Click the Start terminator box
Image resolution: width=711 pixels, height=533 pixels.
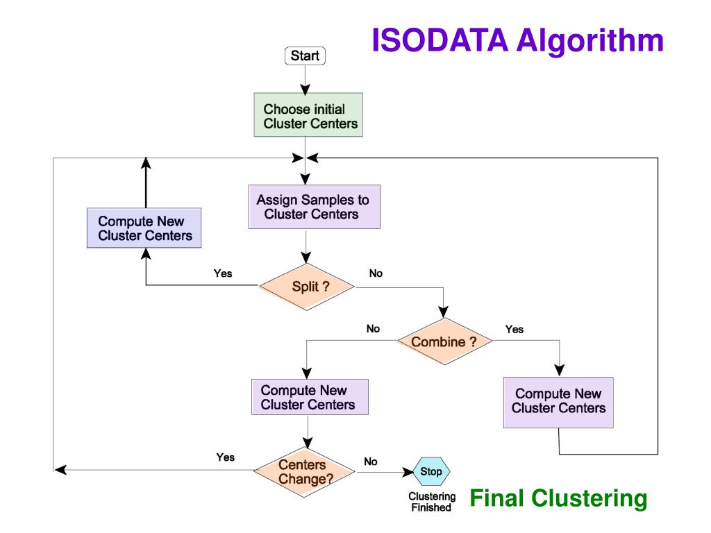pos(305,56)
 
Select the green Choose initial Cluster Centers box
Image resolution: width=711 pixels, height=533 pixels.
pos(308,115)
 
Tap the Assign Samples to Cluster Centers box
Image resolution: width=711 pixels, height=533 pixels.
pos(315,207)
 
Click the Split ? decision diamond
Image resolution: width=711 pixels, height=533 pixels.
pos(307,287)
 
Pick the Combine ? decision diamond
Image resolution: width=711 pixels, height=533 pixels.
pos(445,341)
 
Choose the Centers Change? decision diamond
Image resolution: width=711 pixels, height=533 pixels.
pos(305,472)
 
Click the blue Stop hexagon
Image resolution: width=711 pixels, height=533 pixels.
pos(430,471)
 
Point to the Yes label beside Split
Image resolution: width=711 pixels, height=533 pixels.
pos(223,273)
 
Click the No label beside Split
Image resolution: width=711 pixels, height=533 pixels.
pos(376,273)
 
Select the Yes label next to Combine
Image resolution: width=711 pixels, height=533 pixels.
pos(515,329)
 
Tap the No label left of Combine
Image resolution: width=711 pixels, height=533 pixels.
pos(373,328)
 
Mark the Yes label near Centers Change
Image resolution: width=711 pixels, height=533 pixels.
pos(226,457)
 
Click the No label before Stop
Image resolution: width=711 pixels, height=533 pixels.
pos(371,462)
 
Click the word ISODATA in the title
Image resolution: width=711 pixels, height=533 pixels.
pos(440,40)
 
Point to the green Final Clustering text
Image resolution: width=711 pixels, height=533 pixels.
pos(558,498)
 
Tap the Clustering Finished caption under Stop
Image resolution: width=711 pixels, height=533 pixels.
pos(432,502)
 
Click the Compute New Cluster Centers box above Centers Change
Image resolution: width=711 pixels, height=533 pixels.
pos(310,397)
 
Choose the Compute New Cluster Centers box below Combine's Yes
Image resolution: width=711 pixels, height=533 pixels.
pos(558,403)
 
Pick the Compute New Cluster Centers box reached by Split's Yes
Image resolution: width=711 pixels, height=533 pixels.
pos(144,228)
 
